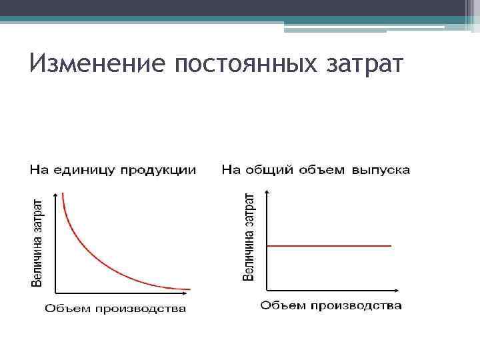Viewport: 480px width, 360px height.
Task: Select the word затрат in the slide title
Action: coord(367,65)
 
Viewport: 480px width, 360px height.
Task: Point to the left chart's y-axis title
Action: coord(39,242)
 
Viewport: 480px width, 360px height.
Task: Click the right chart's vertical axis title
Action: coord(249,237)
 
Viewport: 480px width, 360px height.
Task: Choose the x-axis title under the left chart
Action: coord(115,309)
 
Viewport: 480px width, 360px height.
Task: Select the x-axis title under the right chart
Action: coord(331,306)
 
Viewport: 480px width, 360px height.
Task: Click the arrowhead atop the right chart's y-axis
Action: coord(267,192)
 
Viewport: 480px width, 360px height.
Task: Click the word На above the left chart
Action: coord(37,171)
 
